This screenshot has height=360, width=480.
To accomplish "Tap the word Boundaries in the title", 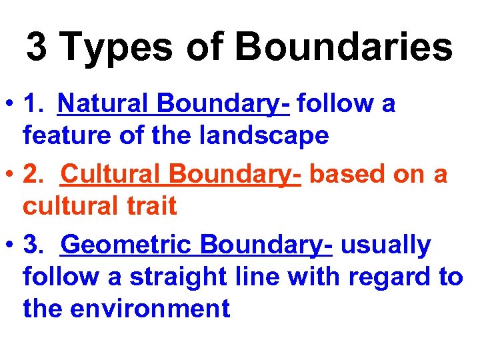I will [344, 47].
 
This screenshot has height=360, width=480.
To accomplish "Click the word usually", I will [386, 245].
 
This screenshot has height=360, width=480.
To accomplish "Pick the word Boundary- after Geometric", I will [266, 245].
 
